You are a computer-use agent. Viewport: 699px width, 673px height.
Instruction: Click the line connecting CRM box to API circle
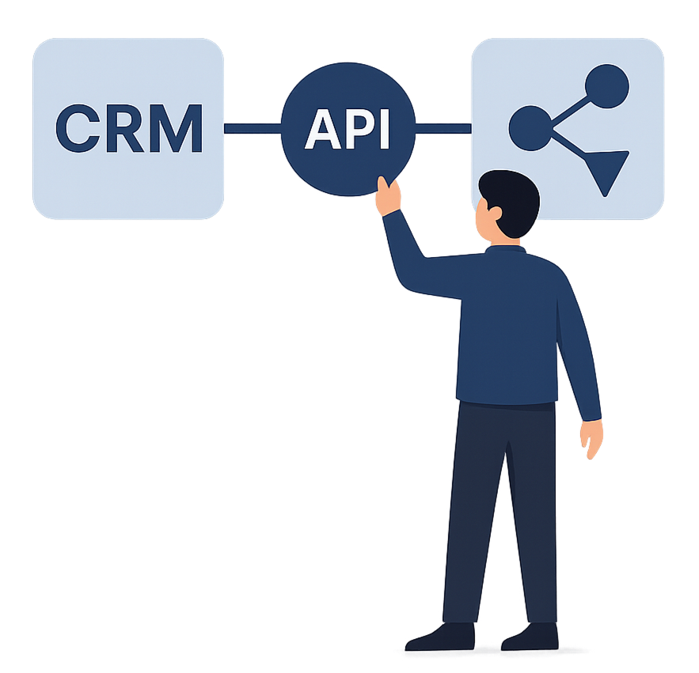point(253,127)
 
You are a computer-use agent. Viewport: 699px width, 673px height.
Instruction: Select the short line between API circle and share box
point(443,127)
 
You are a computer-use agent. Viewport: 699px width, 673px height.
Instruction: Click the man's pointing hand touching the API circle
point(388,195)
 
